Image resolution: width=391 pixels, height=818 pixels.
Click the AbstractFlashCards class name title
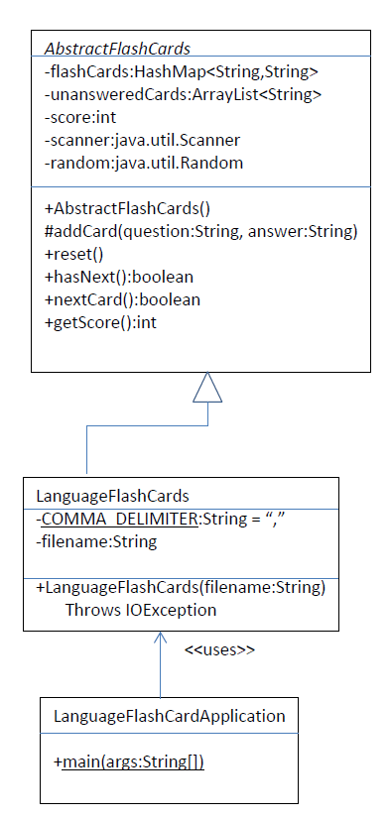tap(117, 48)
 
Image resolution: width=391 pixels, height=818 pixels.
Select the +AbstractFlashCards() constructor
tap(127, 209)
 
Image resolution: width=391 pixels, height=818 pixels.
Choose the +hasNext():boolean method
tap(118, 278)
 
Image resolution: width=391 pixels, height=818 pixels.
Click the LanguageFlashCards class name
tap(112, 495)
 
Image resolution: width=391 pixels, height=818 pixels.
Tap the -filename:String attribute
tap(96, 542)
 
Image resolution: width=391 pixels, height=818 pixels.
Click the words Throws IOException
tap(141, 610)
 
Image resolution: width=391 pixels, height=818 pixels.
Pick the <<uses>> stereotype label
tap(219, 650)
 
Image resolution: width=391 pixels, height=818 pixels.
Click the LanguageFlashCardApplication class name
tap(169, 715)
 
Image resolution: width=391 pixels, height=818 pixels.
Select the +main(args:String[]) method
tap(135, 760)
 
